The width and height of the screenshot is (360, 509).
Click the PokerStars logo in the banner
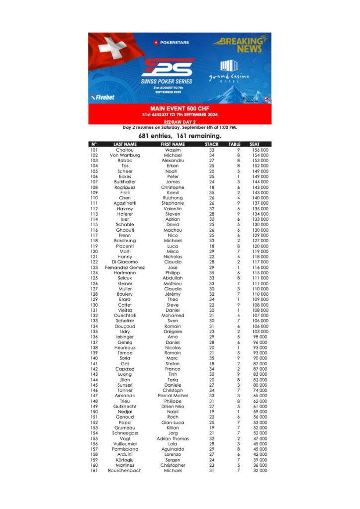tap(171, 43)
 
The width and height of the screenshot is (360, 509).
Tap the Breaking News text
tap(242, 45)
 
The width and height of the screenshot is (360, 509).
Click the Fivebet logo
tap(102, 97)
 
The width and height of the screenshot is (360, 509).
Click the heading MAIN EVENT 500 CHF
tap(180, 108)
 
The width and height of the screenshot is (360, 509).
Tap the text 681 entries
tap(155, 136)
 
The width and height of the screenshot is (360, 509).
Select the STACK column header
tap(212, 144)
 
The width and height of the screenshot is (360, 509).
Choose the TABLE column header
tap(235, 144)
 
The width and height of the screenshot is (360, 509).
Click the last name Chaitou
tap(125, 150)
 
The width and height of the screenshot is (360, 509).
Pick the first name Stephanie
tap(173, 203)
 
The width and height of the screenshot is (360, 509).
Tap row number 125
tap(94, 278)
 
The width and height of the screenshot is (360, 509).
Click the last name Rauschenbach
tap(125, 471)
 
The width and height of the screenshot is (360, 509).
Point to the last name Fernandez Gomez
tap(125, 267)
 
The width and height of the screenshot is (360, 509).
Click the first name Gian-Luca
tap(173, 423)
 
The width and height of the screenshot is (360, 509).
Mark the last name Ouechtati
tap(125, 316)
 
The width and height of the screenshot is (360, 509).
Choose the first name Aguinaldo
tap(173, 449)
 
